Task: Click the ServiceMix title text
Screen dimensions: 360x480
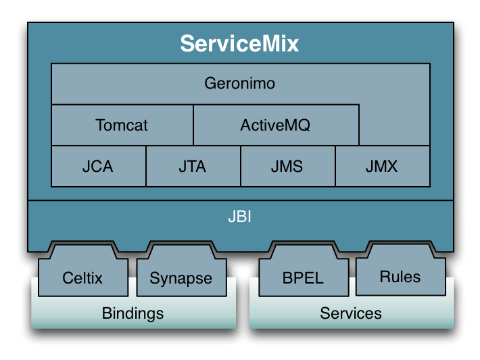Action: pyautogui.click(x=239, y=45)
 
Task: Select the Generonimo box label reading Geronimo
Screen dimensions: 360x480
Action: pyautogui.click(x=240, y=85)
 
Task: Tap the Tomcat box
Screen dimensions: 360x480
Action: pyautogui.click(x=122, y=125)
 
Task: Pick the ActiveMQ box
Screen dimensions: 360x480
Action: pyautogui.click(x=276, y=125)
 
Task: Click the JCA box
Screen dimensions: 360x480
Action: pyautogui.click(x=99, y=166)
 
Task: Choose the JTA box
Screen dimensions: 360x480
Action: pyautogui.click(x=193, y=166)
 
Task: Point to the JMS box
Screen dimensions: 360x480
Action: pyautogui.click(x=287, y=166)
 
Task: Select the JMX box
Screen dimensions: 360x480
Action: pyautogui.click(x=382, y=166)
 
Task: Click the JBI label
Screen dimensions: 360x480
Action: pyautogui.click(x=240, y=219)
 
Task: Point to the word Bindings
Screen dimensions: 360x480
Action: pyautogui.click(x=133, y=313)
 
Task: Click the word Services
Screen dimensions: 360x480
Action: pyautogui.click(x=351, y=313)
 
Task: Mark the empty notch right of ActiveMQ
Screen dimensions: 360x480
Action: pyautogui.click(x=394, y=125)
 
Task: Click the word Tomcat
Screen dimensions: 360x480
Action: pyautogui.click(x=122, y=125)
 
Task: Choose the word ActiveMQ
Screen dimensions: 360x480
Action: pyautogui.click(x=276, y=125)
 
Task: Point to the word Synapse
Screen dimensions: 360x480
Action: pyautogui.click(x=181, y=278)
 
